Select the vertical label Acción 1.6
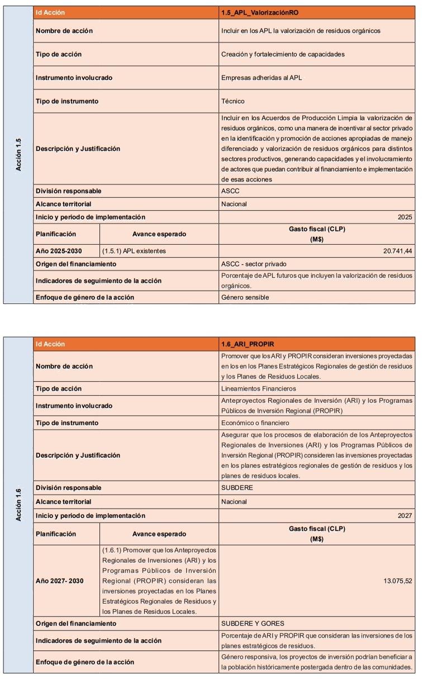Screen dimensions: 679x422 pos(18,505)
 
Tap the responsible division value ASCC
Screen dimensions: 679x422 pos(230,191)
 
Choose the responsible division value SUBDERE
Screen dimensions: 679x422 pos(237,487)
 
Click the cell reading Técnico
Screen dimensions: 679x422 pos(233,101)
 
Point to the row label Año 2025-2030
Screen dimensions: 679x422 pos(59,251)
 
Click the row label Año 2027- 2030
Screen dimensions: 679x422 pos(60,581)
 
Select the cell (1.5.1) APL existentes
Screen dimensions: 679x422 pos(134,251)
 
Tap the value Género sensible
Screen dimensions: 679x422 pos(245,297)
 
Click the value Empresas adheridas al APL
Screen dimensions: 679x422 pos(262,78)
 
